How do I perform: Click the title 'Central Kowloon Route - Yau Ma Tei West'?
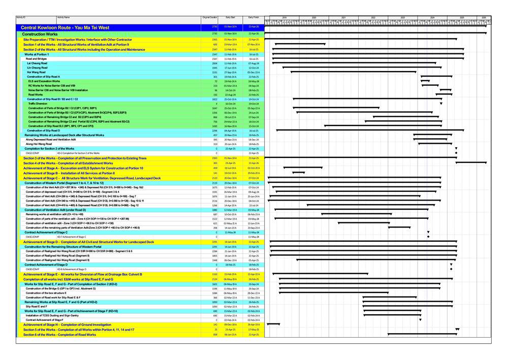65,27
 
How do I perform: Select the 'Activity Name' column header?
63,17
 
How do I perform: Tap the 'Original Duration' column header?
209,17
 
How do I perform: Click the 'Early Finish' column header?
253,17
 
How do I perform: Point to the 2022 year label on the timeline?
373,17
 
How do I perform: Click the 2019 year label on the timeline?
284,17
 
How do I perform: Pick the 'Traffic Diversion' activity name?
38,103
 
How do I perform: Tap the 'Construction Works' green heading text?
39,34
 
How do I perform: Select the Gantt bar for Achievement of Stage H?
273,324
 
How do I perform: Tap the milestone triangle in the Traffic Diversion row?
441,104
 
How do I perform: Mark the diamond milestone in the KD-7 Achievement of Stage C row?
428,237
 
